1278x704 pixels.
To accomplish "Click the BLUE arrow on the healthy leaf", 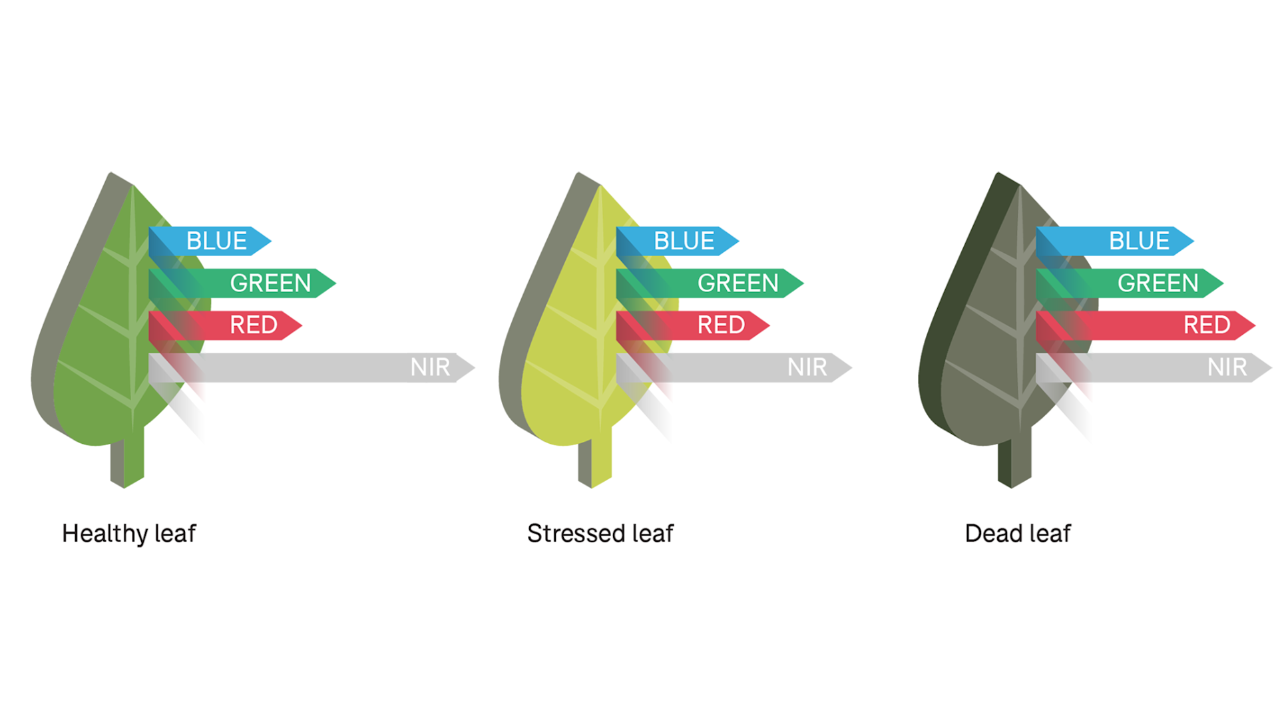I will tap(216, 241).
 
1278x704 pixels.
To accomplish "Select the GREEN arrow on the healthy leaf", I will tap(270, 283).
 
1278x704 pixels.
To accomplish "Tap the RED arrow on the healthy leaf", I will tap(253, 325).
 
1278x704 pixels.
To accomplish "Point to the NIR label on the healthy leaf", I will tap(430, 367).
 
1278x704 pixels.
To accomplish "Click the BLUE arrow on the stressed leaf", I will tap(684, 241).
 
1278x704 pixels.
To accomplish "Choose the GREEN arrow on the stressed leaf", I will tap(738, 283).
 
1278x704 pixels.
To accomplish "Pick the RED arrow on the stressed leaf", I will tap(720, 325).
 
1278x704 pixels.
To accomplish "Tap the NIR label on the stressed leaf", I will tap(807, 367).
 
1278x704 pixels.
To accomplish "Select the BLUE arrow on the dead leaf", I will tap(1138, 241).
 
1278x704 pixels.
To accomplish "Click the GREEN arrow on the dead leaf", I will tap(1157, 283).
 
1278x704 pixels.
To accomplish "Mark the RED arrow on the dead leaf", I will tap(1206, 325).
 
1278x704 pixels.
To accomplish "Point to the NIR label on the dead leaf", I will tap(1227, 367).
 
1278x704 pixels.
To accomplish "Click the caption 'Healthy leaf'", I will tap(129, 534).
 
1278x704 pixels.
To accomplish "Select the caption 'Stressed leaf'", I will tap(600, 534).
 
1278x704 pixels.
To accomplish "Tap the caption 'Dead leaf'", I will tap(1018, 534).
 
